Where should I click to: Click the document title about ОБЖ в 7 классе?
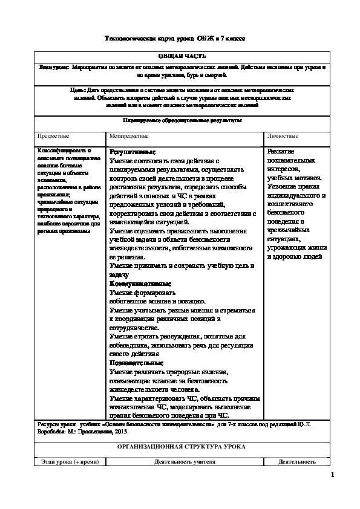pos(175,38)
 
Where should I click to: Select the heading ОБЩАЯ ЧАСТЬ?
pos(182,56)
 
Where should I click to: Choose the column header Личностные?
pos(283,137)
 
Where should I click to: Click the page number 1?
pos(332,476)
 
